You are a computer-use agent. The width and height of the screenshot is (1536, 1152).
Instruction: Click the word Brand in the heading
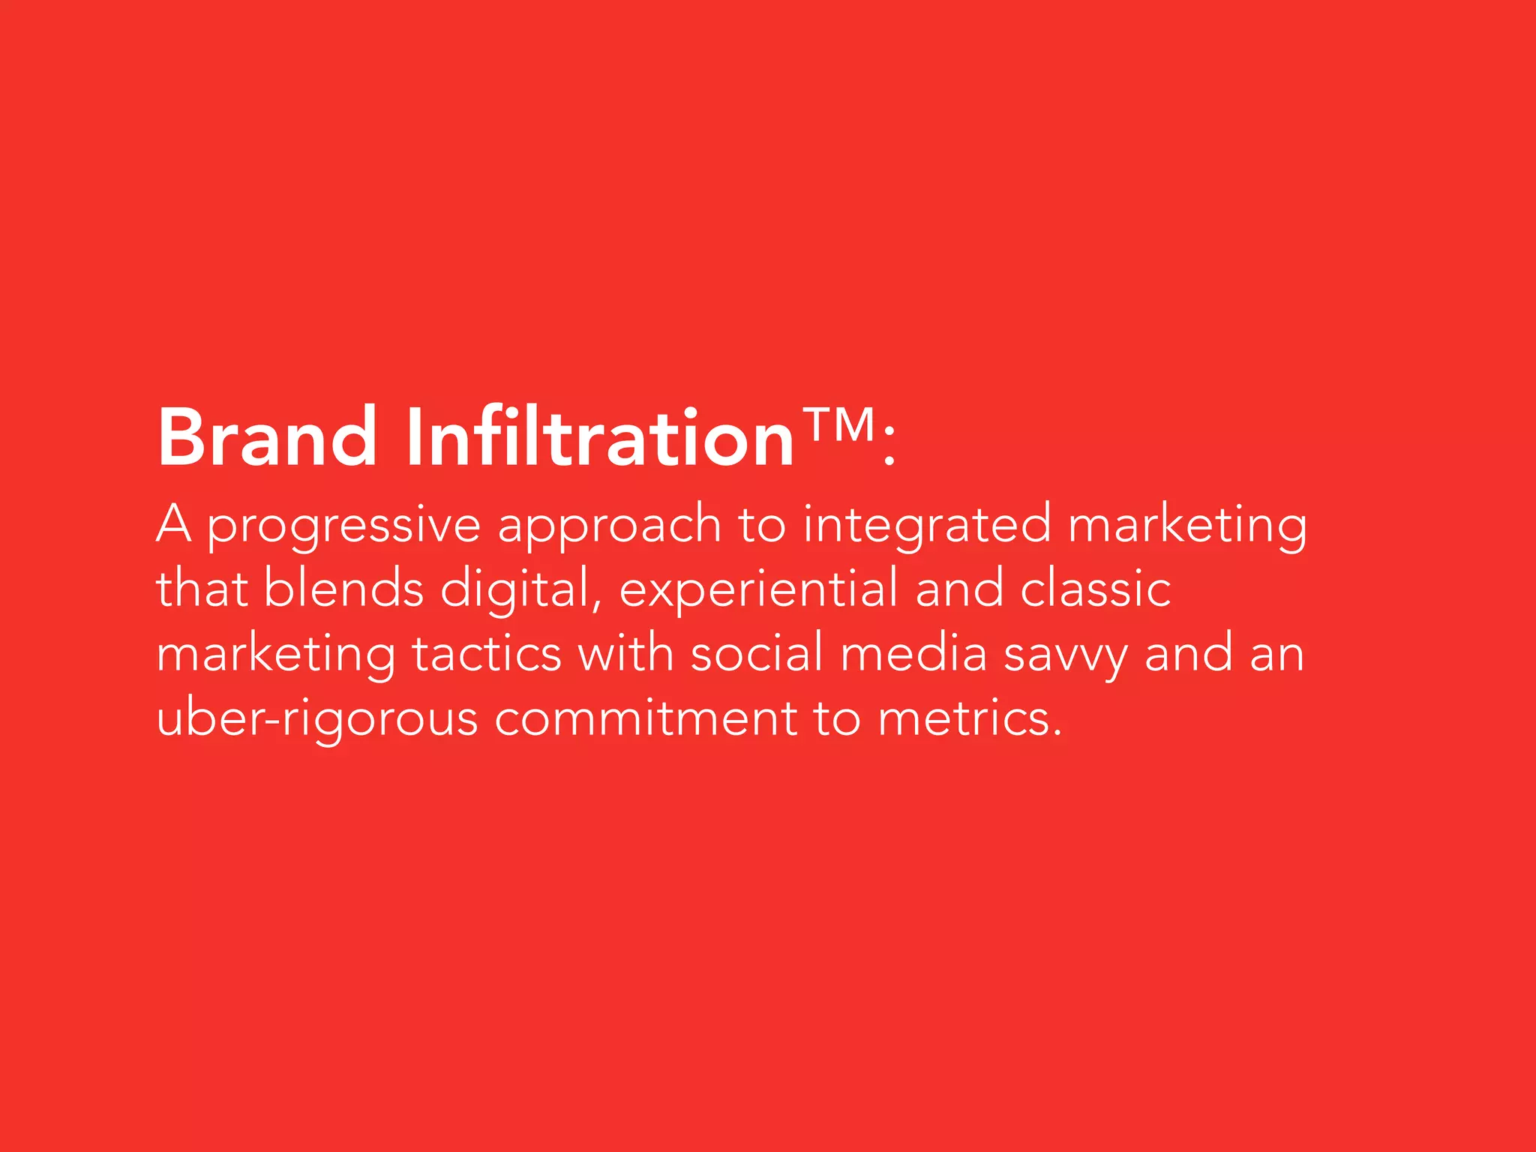pyautogui.click(x=266, y=438)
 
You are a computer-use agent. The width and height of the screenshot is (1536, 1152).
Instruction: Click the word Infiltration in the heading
pyautogui.click(x=600, y=438)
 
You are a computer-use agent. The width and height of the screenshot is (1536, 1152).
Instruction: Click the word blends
pyautogui.click(x=343, y=589)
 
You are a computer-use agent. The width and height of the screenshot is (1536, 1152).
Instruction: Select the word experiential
pyautogui.click(x=758, y=589)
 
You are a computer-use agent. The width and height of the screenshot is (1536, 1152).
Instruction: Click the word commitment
pyautogui.click(x=646, y=718)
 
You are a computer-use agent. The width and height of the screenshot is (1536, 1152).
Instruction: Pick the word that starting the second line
pyautogui.click(x=202, y=589)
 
